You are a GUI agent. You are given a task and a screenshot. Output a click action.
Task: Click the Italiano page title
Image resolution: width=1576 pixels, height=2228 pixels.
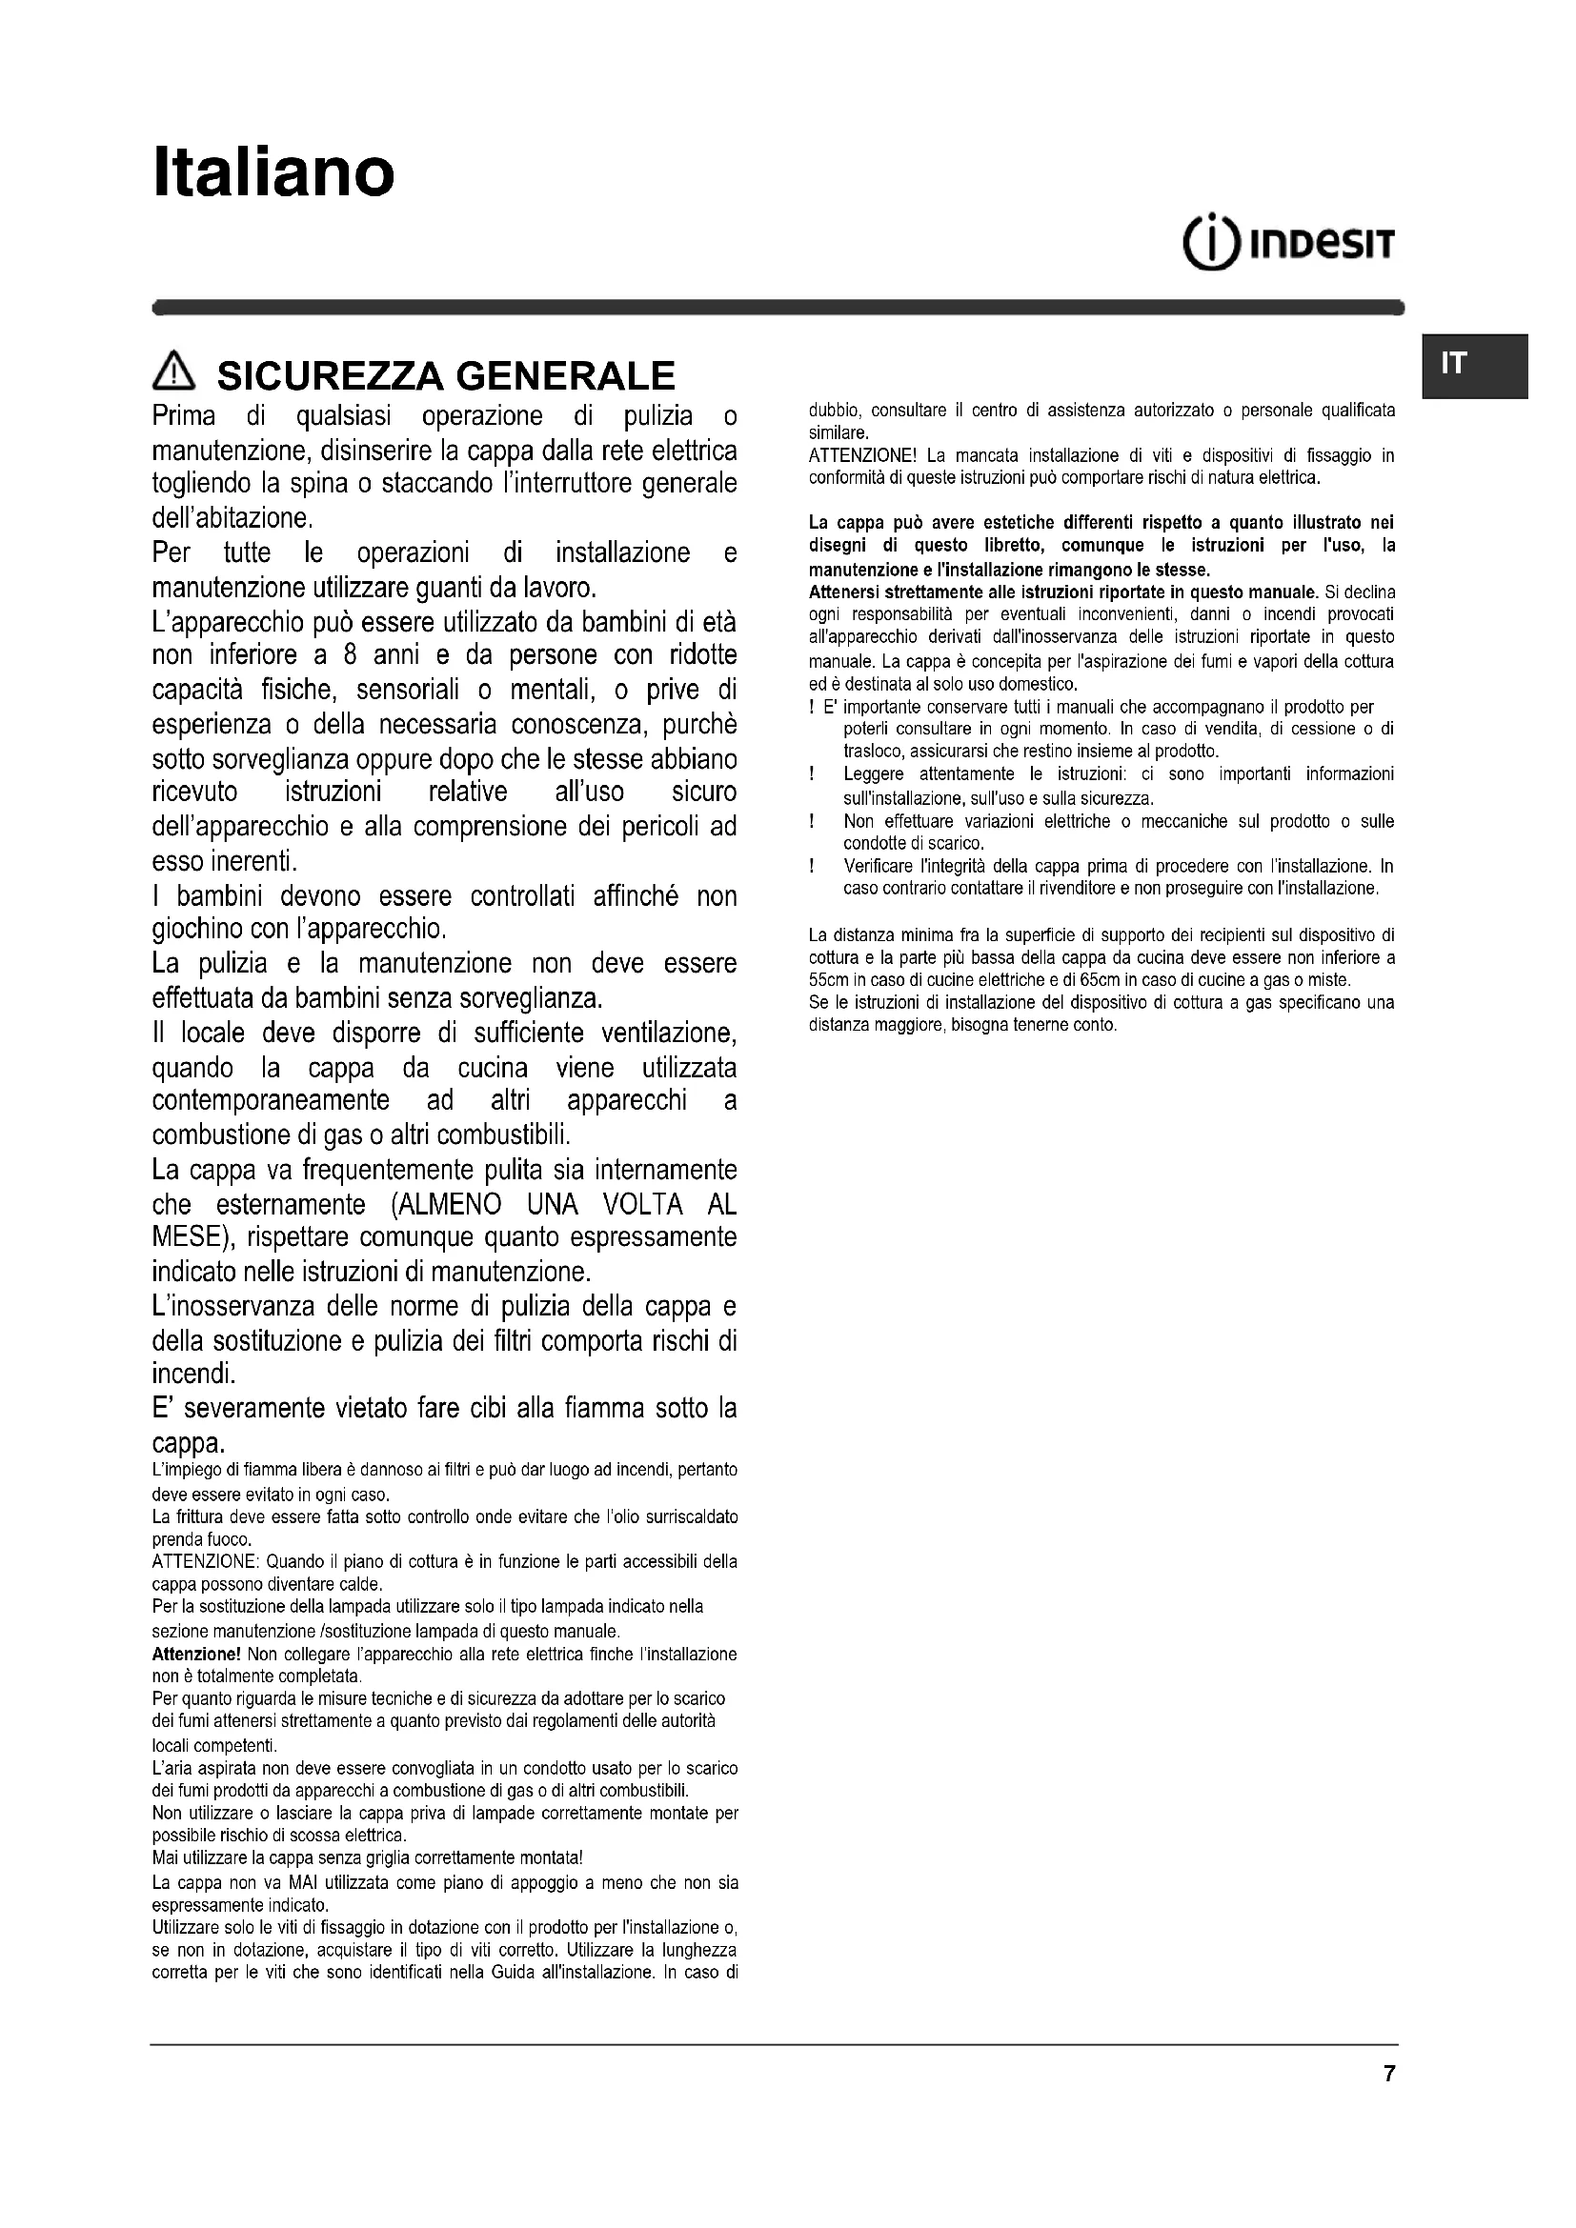[273, 172]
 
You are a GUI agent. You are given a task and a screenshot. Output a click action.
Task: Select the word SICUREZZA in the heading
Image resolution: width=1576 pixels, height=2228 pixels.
[331, 375]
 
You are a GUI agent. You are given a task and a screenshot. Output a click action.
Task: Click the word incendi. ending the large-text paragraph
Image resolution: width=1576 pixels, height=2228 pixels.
[195, 1375]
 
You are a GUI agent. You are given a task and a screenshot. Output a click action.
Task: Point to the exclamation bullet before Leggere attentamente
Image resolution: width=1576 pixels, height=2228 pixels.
[811, 774]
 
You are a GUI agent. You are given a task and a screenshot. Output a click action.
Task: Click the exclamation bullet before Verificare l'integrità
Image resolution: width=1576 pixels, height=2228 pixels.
[811, 867]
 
